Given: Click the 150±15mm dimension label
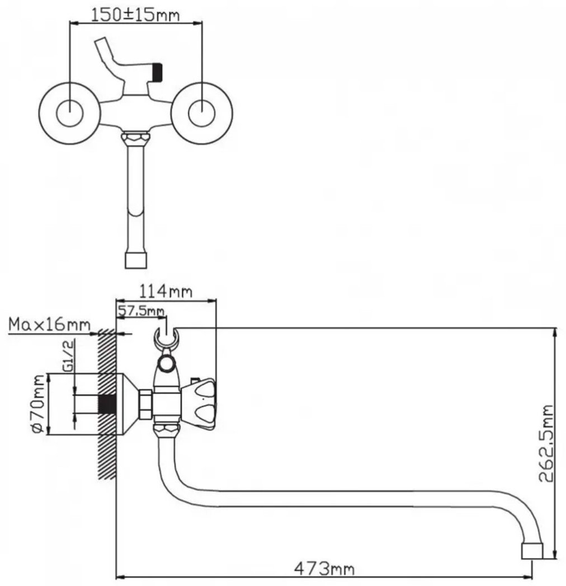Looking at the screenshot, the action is coord(135,15).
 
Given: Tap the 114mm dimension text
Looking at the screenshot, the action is coord(166,291).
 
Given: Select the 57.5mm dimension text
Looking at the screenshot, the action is coord(141,311).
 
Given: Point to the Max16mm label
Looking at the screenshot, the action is coord(49,325).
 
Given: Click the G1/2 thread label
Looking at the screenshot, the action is coord(68,355).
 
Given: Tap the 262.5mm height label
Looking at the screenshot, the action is coord(546,443).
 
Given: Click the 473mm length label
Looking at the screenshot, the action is coord(324,569).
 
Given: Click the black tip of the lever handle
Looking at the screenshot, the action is coord(158,72).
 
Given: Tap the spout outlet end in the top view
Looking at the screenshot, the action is coord(136,260).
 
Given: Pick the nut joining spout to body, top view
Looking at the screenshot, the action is coord(135,138).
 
